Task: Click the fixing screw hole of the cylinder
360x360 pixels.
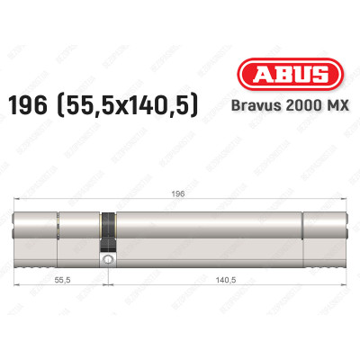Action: click(108, 260)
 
